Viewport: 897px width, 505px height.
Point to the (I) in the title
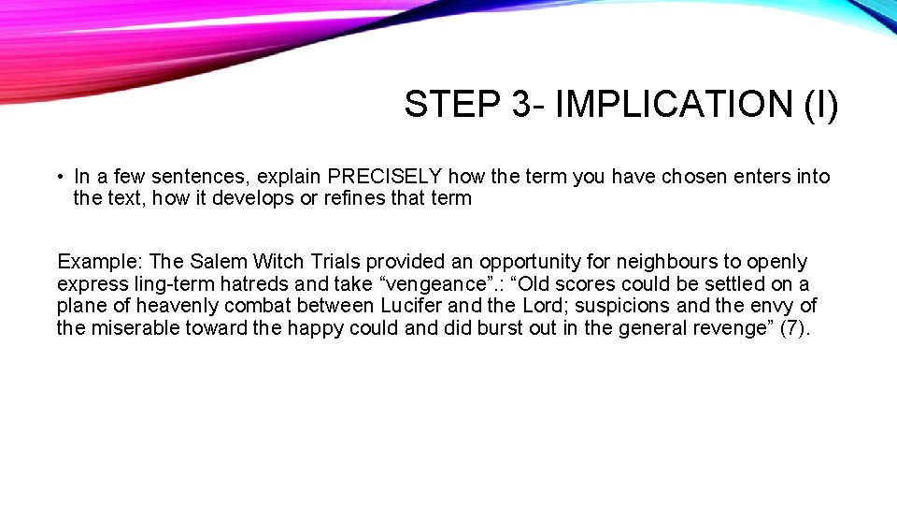pyautogui.click(x=820, y=105)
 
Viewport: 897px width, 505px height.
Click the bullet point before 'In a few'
pyautogui.click(x=59, y=177)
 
